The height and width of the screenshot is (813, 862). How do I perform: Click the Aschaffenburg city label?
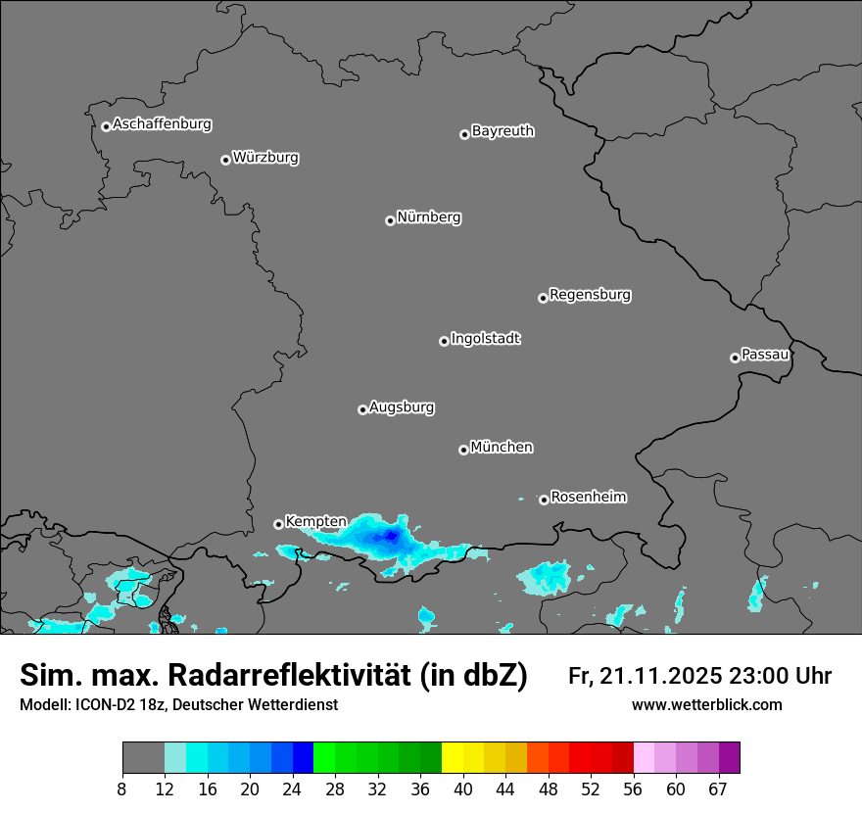tap(162, 124)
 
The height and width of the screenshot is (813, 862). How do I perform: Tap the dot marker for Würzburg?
tap(225, 160)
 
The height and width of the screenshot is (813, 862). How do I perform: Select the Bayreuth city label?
tap(503, 130)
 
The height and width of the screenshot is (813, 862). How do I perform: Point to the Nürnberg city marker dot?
tap(390, 220)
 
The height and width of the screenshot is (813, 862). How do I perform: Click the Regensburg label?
tap(590, 294)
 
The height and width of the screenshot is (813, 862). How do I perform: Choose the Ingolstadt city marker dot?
tap(444, 341)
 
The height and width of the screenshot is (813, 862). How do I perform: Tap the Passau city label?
tap(765, 354)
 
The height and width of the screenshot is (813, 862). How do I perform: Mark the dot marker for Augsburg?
tap(362, 409)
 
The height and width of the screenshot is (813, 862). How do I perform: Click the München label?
tap(502, 447)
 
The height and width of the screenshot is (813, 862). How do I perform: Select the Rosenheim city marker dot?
tap(544, 500)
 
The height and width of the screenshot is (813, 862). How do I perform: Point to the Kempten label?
tap(315, 521)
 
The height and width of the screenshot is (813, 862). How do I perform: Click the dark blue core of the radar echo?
tap(392, 536)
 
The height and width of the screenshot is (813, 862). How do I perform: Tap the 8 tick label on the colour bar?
tap(122, 789)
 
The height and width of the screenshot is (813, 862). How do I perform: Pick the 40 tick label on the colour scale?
tap(463, 789)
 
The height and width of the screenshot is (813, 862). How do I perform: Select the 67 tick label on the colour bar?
tap(718, 789)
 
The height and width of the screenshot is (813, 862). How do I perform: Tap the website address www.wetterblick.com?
tap(707, 704)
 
